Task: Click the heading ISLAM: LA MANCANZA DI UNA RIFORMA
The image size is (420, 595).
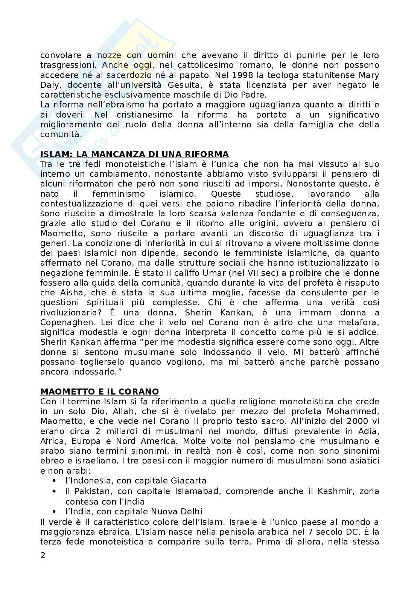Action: point(134,154)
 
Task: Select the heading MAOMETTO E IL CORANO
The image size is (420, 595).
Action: point(99,392)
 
